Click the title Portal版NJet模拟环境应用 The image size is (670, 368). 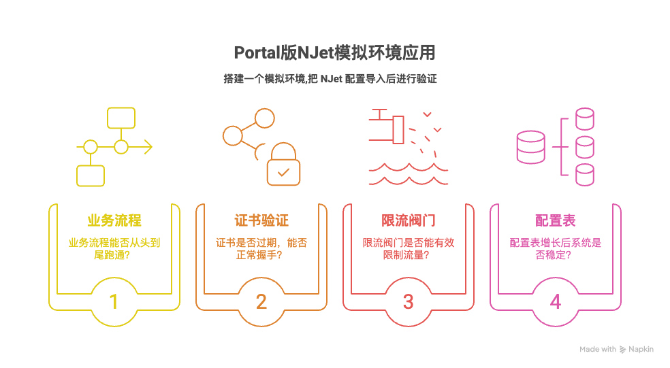tap(334, 53)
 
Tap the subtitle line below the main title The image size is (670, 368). tap(330, 79)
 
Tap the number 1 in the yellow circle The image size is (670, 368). tap(114, 301)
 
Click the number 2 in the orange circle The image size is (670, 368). tap(261, 301)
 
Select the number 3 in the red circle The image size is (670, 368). tap(409, 301)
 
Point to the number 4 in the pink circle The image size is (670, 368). tap(556, 301)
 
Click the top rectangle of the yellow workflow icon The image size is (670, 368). tap(121, 118)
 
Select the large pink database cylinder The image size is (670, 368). tap(531, 148)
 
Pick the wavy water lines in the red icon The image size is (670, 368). tap(409, 174)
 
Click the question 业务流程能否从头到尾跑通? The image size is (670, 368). tap(114, 248)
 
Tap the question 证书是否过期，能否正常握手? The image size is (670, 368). tap(261, 248)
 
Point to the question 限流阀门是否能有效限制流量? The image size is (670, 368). tap(409, 248)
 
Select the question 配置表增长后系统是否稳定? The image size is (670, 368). tap(556, 248)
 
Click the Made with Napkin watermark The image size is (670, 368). tap(616, 349)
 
